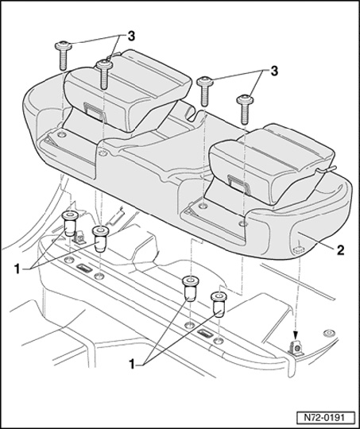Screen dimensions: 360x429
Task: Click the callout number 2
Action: point(340,250)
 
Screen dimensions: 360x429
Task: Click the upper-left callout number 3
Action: point(131,37)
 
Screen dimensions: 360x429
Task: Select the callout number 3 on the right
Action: point(274,71)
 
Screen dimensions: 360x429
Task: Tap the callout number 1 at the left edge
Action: point(17,269)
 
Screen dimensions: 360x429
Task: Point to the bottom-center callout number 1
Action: point(132,365)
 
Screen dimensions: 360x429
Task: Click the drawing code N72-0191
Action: point(324,418)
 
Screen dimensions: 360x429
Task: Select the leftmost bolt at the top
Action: point(64,56)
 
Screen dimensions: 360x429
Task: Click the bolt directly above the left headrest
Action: point(104,74)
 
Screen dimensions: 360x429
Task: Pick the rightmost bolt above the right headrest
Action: point(245,110)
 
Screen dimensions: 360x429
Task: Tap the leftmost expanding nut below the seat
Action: point(70,223)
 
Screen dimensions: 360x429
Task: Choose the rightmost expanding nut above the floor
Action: point(219,304)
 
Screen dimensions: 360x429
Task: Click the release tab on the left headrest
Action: point(95,110)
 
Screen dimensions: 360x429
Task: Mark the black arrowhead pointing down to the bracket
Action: point(295,334)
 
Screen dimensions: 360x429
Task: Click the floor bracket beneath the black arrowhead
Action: point(296,349)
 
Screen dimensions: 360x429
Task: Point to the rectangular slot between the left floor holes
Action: point(84,269)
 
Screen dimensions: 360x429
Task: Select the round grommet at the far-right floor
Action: point(327,333)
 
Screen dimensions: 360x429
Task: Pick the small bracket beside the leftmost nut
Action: point(79,238)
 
